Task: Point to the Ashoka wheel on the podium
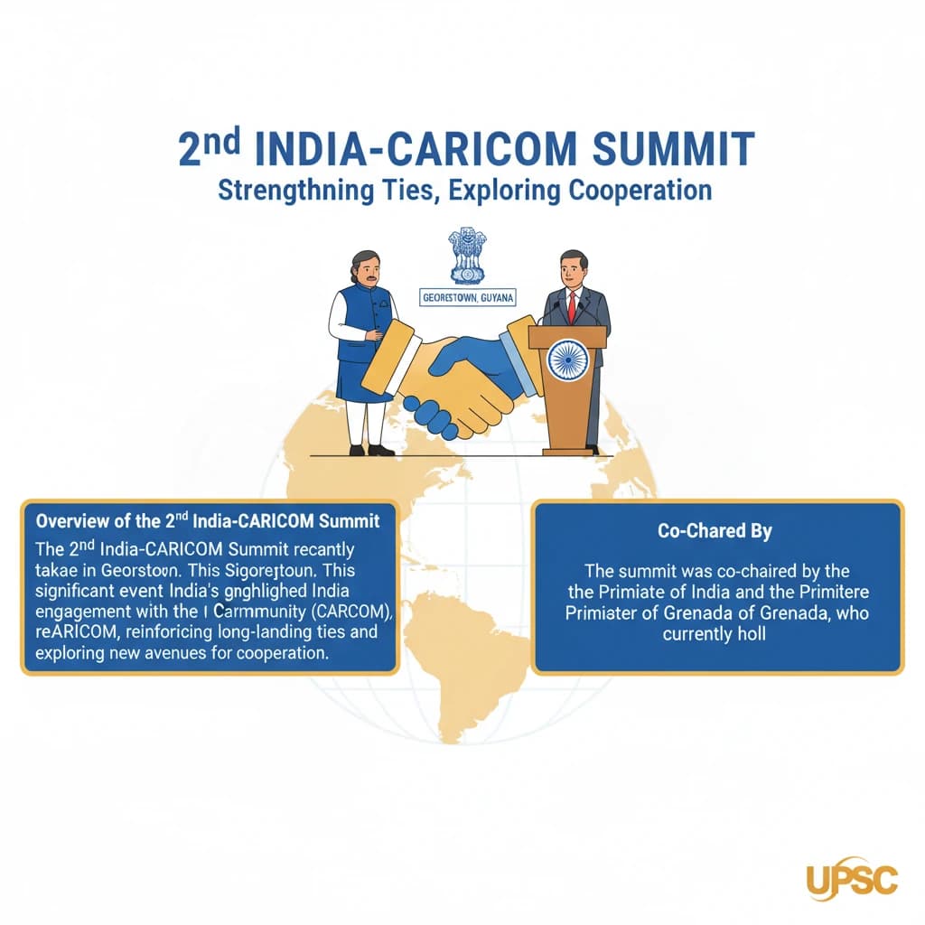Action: coord(568,360)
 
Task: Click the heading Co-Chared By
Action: coord(716,531)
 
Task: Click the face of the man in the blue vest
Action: coord(363,268)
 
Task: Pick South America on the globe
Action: coord(470,668)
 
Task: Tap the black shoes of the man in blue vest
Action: coord(370,450)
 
